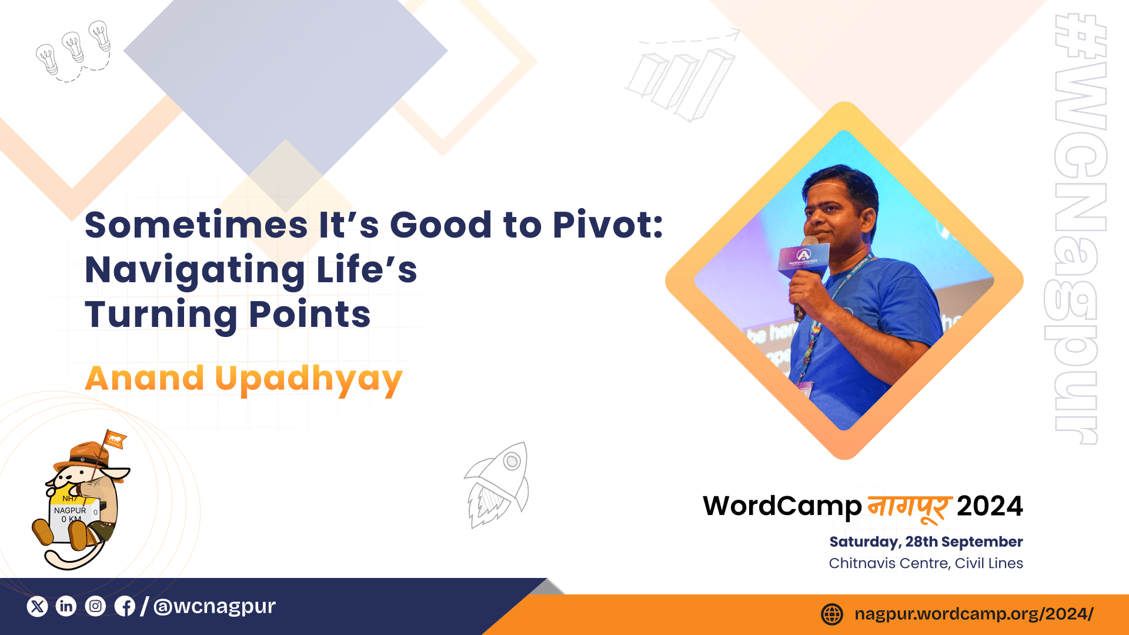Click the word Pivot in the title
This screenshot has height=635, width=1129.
[x=608, y=225]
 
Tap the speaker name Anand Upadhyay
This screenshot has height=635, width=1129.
[x=244, y=379]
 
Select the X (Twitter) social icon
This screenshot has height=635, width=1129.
[x=37, y=606]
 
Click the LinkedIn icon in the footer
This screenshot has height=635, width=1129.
[x=66, y=606]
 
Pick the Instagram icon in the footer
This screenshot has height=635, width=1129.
[x=95, y=606]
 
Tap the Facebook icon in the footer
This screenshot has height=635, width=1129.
[x=125, y=606]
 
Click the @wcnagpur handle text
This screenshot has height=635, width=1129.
[x=215, y=606]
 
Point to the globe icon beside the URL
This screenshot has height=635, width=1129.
[x=832, y=614]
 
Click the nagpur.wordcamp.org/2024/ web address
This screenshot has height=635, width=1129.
[x=974, y=614]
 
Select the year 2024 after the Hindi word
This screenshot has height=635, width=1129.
[x=990, y=506]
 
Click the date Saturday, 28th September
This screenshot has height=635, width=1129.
[x=926, y=542]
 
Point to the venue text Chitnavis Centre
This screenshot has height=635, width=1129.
[x=888, y=563]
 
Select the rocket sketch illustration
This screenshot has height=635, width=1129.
[x=497, y=485]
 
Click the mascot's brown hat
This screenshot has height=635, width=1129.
[x=88, y=456]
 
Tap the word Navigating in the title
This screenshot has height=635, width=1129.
[x=195, y=270]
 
